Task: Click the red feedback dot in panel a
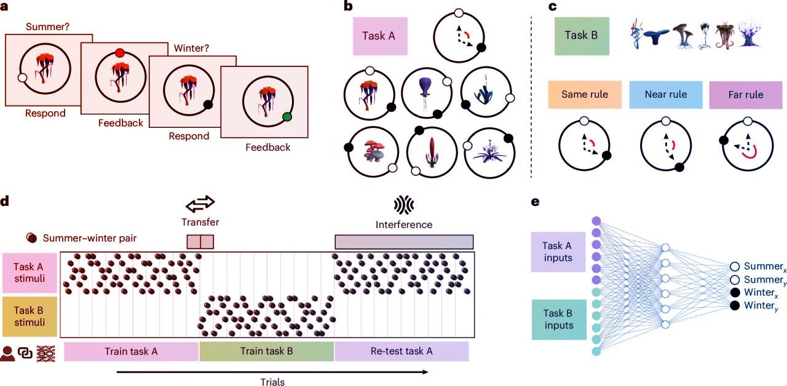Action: [120, 53]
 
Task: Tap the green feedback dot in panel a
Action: [287, 117]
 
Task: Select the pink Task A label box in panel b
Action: [380, 36]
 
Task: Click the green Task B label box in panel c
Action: [580, 36]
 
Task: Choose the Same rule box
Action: [585, 95]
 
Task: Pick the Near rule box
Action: [666, 95]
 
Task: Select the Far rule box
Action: [745, 95]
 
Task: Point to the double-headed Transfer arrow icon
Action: [200, 203]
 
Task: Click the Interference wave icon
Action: [403, 204]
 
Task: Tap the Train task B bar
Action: [266, 352]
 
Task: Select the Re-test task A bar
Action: [401, 352]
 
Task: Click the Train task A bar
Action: [132, 352]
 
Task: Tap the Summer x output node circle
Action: [734, 266]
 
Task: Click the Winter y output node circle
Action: [734, 305]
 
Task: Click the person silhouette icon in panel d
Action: [9, 352]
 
